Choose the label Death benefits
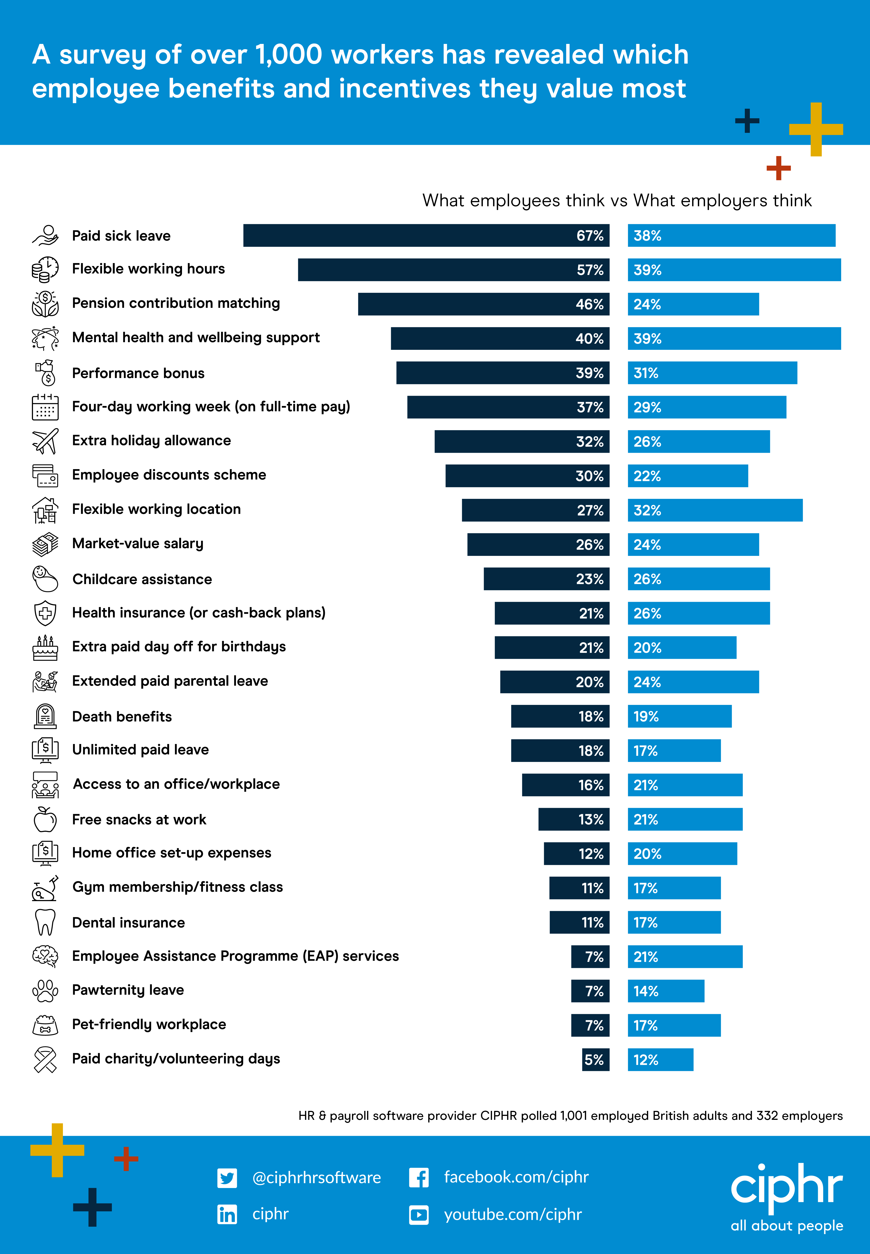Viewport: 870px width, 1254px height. [122, 716]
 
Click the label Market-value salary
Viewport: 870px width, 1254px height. [138, 544]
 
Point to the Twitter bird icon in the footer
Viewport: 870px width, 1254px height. [227, 1178]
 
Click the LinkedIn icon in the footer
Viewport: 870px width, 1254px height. [227, 1214]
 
